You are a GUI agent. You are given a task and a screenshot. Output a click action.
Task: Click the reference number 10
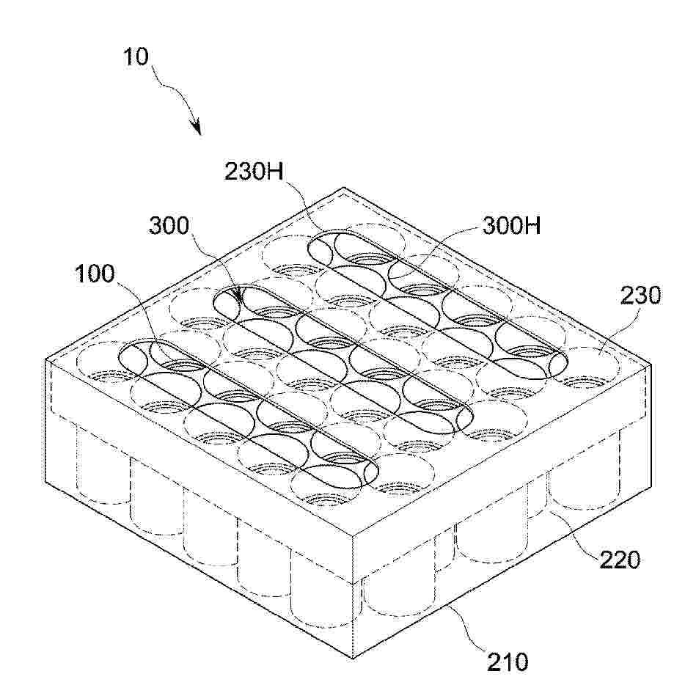136,57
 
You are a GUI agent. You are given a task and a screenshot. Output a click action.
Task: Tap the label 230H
254,172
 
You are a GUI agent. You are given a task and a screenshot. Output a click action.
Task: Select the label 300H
512,225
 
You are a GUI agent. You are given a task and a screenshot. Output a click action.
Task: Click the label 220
620,560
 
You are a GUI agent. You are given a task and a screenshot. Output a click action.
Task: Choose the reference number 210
508,662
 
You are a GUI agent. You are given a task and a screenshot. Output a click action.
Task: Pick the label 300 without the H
169,225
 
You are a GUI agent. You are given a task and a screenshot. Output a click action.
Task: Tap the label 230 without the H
640,295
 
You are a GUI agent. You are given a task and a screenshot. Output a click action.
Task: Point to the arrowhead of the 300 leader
238,296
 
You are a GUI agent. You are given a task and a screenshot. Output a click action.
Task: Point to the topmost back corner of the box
344,188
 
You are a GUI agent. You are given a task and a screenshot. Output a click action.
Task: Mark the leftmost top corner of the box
45,359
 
